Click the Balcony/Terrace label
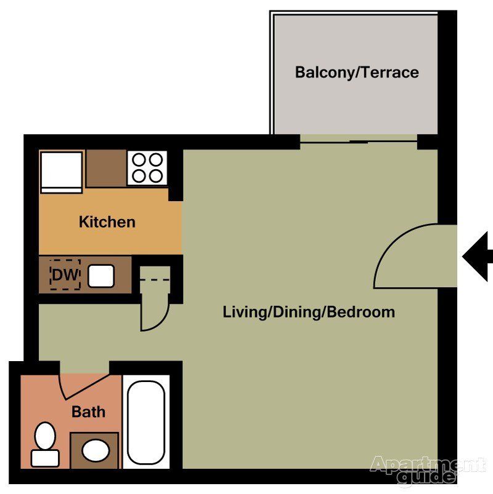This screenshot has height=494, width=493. tap(356, 73)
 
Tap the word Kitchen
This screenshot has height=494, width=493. tap(107, 222)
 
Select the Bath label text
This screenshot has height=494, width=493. tap(88, 412)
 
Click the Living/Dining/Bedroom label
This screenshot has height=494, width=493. tap(308, 312)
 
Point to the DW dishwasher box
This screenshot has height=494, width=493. tap(65, 275)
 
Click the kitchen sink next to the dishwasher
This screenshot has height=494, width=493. tap(100, 276)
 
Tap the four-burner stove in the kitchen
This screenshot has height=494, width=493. tap(148, 168)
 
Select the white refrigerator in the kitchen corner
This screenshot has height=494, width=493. tap(61, 171)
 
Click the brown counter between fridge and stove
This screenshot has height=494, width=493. tap(106, 168)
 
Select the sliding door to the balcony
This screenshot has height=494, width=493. tap(358, 142)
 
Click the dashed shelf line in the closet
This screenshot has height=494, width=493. tap(154, 281)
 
